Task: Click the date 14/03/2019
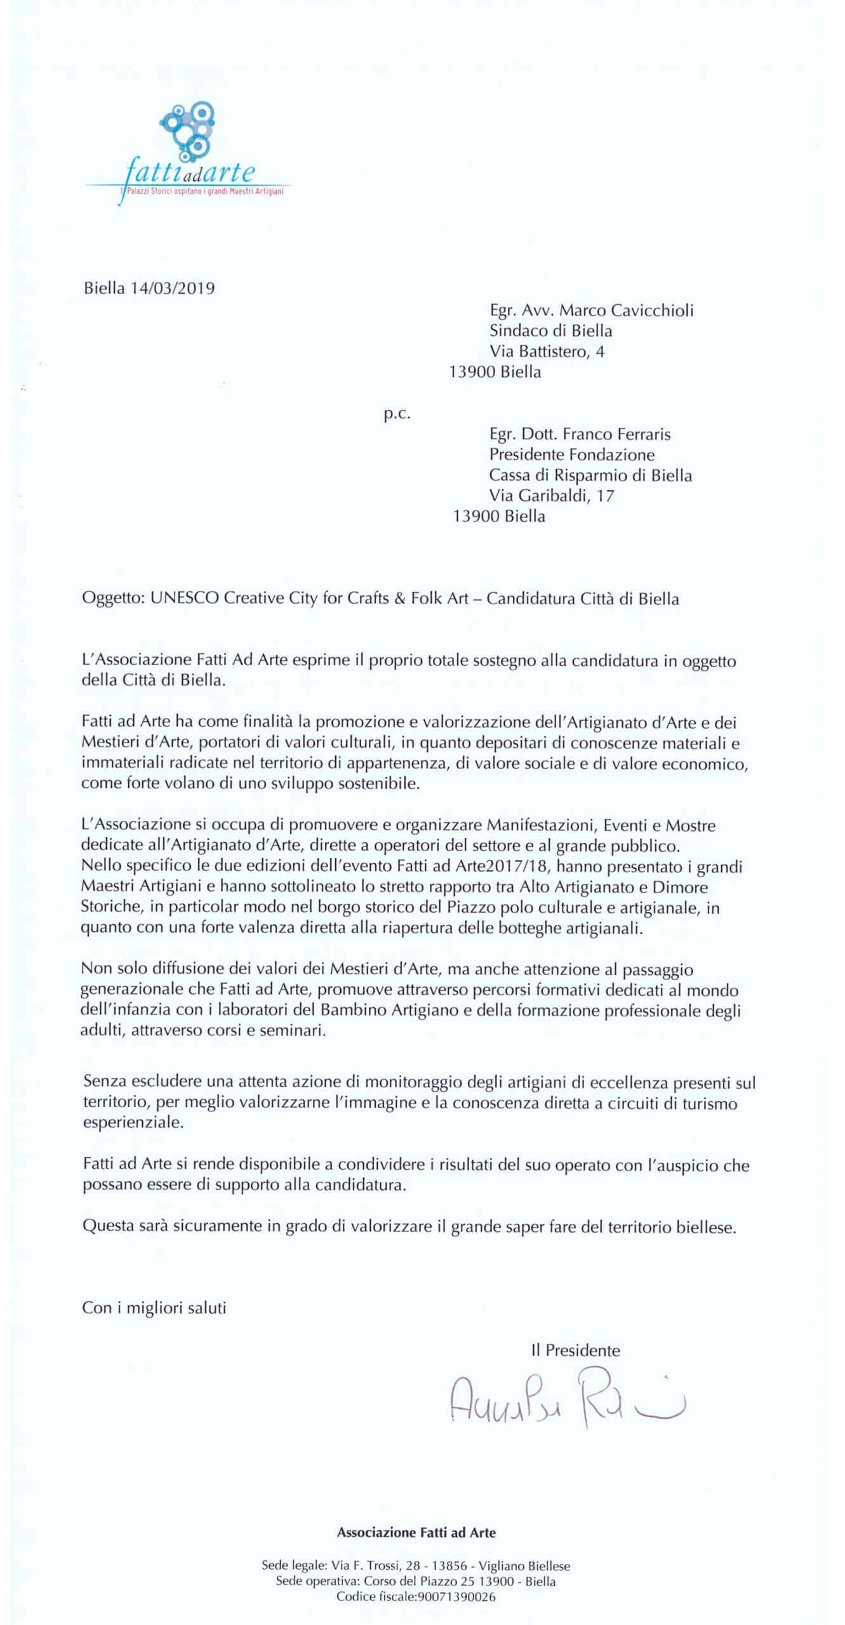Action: [173, 288]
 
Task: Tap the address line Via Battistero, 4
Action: [547, 351]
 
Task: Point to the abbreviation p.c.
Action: [397, 415]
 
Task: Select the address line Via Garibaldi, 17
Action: [551, 495]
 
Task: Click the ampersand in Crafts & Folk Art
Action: [399, 599]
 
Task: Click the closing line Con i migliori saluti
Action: [154, 1308]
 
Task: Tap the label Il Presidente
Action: [575, 1350]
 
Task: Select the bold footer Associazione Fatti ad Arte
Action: [416, 1532]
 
